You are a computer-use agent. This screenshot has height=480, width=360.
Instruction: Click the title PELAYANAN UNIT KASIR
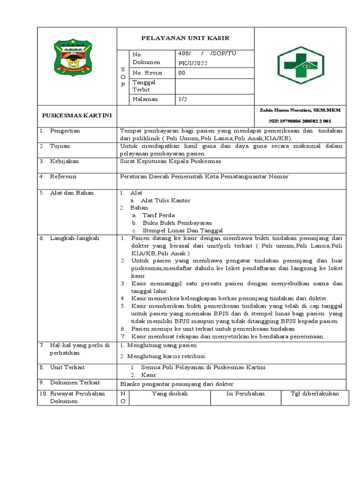186,38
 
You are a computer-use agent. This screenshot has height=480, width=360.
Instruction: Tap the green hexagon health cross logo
300,64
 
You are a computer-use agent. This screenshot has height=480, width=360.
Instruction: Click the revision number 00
182,73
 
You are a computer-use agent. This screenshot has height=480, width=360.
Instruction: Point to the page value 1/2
182,99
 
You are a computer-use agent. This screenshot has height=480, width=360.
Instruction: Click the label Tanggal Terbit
144,85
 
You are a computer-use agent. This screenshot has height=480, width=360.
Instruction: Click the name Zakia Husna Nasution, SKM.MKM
300,110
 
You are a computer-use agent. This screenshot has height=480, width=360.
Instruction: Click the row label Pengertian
65,131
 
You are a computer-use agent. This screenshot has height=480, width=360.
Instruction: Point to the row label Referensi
63,176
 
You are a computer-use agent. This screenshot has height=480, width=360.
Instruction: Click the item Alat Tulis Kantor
162,200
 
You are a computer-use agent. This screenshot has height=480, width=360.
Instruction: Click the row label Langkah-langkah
75,238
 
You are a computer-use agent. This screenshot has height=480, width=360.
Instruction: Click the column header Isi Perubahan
246,393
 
